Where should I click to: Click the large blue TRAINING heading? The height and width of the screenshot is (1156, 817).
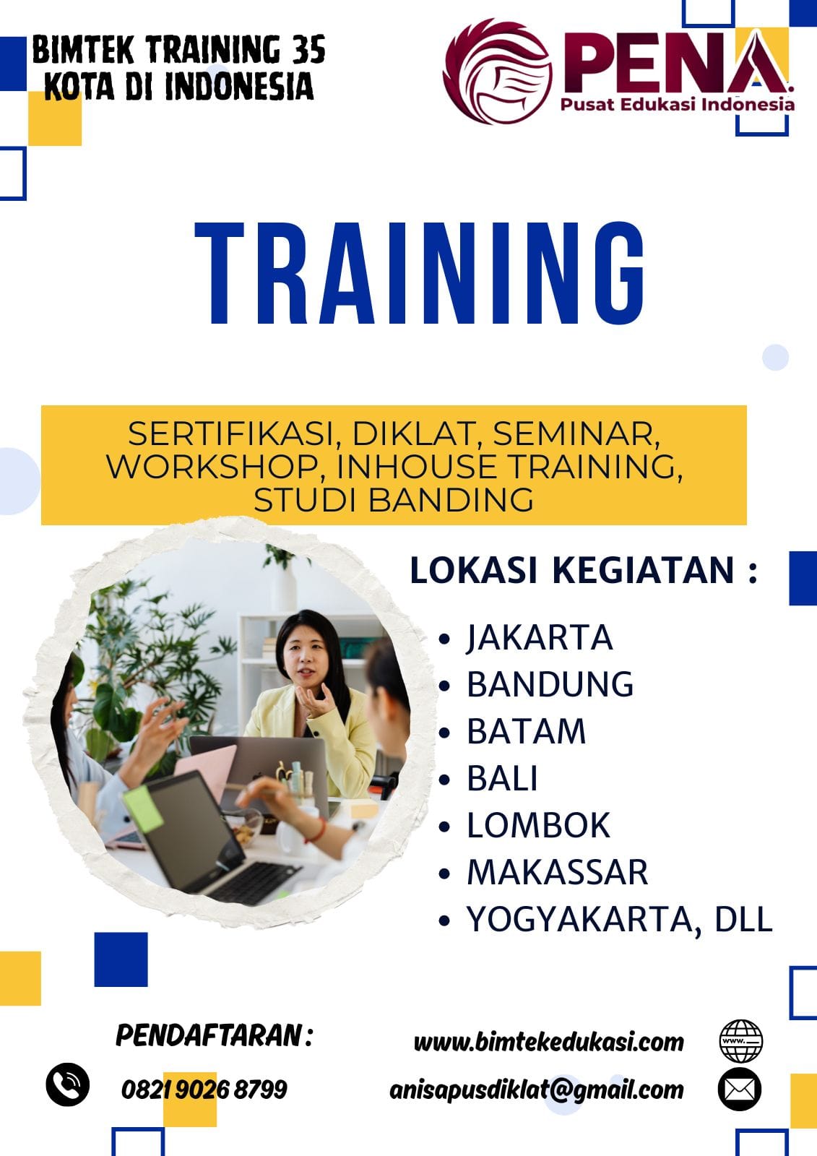(419, 273)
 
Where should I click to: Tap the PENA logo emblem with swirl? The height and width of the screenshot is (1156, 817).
(498, 72)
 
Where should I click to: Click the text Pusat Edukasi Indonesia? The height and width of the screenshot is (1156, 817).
(677, 105)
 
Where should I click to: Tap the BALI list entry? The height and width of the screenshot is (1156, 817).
(501, 778)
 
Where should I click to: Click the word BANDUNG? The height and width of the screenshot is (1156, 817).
(550, 684)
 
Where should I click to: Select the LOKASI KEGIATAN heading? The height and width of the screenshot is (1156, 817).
(583, 571)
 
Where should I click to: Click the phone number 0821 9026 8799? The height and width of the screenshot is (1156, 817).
(204, 1090)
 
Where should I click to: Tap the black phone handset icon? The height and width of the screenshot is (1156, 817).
(68, 1084)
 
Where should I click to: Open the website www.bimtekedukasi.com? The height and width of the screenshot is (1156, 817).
(548, 1043)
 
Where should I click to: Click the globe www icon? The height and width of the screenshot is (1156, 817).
(740, 1041)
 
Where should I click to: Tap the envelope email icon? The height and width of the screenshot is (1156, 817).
(740, 1090)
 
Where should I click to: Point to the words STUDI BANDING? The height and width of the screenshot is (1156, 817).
(393, 499)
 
